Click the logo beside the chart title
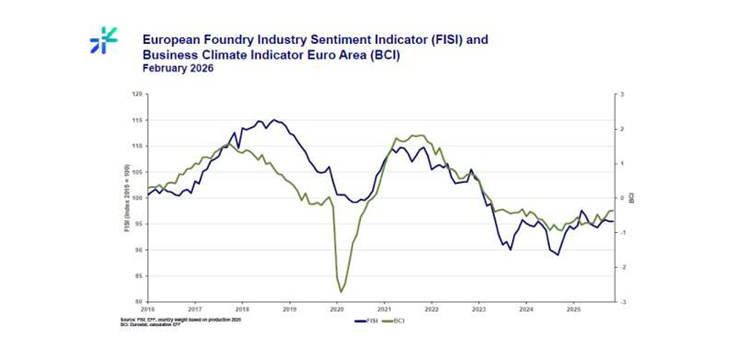pyautogui.click(x=103, y=41)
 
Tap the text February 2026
pyautogui.click(x=177, y=69)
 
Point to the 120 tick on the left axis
pyautogui.click(x=138, y=95)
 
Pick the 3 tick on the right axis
pyautogui.click(x=621, y=95)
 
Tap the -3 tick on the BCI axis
pyautogui.click(x=622, y=302)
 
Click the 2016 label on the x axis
pyautogui.click(x=148, y=309)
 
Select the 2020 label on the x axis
pyautogui.click(x=337, y=309)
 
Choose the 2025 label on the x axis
pyautogui.click(x=574, y=309)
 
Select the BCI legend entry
pyautogui.click(x=397, y=321)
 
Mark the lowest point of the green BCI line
pyautogui.click(x=341, y=292)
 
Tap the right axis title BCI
pyautogui.click(x=632, y=197)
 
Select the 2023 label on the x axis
pyautogui.click(x=479, y=309)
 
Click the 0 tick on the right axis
pyautogui.click(x=621, y=198)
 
